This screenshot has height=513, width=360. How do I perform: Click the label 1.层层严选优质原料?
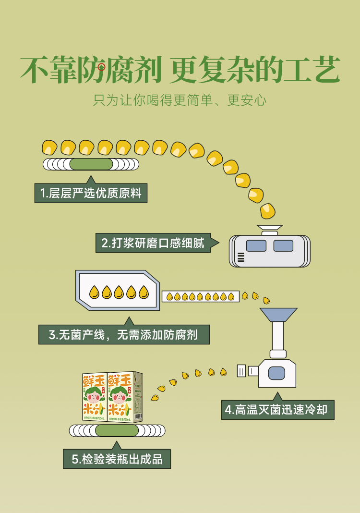click(x=91, y=194)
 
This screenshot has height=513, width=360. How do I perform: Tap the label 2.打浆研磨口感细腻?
click(x=153, y=243)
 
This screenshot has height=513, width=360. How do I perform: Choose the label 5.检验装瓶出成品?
click(x=117, y=459)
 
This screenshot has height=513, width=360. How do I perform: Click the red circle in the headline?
click(x=101, y=67)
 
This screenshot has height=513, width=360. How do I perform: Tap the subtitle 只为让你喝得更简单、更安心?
click(x=180, y=101)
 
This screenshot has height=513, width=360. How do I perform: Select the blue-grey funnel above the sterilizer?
click(x=278, y=316)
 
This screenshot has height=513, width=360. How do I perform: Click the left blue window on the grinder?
click(x=256, y=246)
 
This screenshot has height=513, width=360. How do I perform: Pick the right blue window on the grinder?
click(x=283, y=246)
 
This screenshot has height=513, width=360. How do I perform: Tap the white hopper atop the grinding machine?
click(x=270, y=230)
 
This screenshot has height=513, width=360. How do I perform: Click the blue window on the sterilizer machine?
click(x=277, y=373)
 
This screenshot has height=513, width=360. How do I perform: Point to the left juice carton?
click(x=95, y=397)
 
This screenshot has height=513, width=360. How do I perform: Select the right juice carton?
click(x=124, y=397)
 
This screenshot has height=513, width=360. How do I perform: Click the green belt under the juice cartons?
click(x=117, y=430)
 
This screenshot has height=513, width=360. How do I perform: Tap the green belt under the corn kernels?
click(x=91, y=164)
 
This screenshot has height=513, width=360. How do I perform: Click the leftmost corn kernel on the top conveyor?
click(x=49, y=147)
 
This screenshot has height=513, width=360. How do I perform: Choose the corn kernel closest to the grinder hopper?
click(x=267, y=210)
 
